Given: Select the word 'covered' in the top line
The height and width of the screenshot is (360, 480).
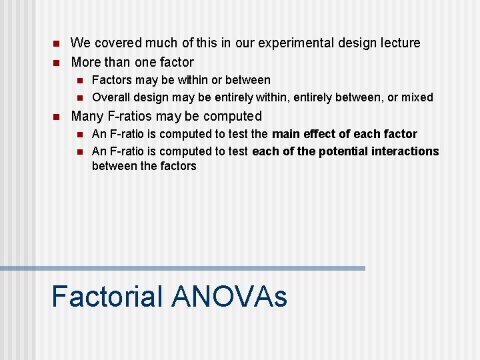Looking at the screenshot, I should pyautogui.click(x=114, y=43).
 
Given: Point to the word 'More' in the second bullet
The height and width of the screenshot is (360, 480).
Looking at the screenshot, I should pyautogui.click(x=86, y=63).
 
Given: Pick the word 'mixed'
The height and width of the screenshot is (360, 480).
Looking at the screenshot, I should pyautogui.click(x=417, y=97).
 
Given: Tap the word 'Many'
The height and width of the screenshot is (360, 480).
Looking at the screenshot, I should pyautogui.click(x=87, y=117).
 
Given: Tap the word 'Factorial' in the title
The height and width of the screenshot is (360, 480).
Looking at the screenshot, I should pyautogui.click(x=107, y=297).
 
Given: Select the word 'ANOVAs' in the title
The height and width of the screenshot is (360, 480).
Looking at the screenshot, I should pyautogui.click(x=229, y=297).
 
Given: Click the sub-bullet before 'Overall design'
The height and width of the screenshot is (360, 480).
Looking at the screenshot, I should pyautogui.click(x=79, y=97).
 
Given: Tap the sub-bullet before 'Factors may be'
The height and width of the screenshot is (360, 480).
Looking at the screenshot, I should pyautogui.click(x=79, y=81).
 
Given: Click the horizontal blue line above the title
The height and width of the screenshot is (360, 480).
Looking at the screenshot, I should pyautogui.click(x=183, y=268).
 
